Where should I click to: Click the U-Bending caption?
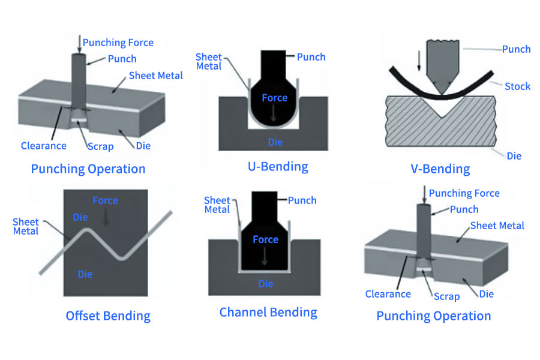(278, 166)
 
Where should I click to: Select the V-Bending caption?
(440, 169)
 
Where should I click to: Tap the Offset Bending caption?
(108, 315)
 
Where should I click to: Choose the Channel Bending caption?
(268, 312)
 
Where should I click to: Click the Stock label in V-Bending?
(517, 86)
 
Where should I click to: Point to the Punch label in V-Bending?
(516, 49)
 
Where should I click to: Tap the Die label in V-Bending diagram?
(514, 156)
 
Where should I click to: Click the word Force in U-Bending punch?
(275, 98)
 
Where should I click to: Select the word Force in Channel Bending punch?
(265, 239)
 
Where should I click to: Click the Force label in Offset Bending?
(105, 200)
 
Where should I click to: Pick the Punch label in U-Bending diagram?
(311, 57)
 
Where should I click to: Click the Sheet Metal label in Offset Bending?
(26, 227)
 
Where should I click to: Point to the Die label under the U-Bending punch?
(275, 142)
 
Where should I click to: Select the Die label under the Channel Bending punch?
(265, 284)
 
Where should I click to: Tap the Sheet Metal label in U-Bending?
(209, 62)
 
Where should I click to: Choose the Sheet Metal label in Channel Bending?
(217, 205)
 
